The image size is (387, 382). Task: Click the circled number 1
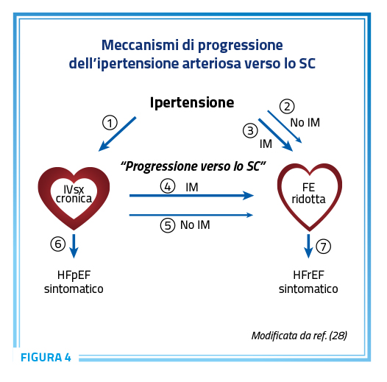click(110, 122)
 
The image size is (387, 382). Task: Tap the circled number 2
click(287, 107)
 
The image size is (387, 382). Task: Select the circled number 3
click(250, 130)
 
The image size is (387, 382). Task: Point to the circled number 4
click(168, 186)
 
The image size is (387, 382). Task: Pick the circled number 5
click(168, 225)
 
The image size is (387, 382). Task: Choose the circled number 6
click(58, 244)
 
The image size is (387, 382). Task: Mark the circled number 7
click(323, 246)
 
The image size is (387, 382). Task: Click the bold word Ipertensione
click(192, 102)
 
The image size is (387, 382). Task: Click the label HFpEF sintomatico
click(74, 282)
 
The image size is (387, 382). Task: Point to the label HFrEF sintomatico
click(308, 282)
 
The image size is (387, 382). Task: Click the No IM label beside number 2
click(305, 122)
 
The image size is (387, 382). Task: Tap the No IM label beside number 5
click(195, 225)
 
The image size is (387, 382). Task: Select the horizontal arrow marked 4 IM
click(191, 196)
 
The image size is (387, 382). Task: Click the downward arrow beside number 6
click(74, 246)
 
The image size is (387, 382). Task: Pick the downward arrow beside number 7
click(308, 246)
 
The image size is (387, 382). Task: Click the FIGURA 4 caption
click(46, 357)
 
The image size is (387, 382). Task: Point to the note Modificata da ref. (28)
click(299, 336)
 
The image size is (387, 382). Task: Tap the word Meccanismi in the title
click(140, 45)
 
